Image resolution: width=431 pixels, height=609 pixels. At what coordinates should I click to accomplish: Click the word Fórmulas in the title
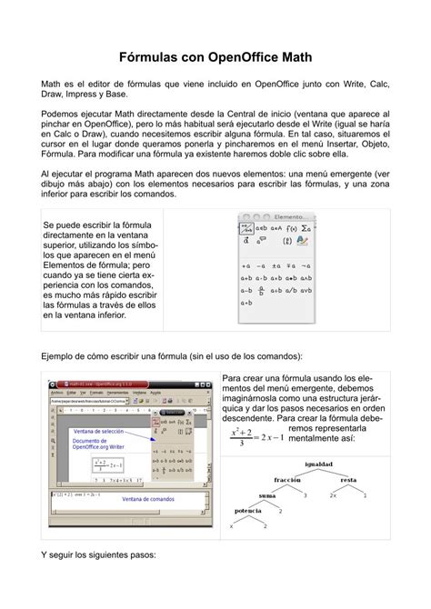pos(151,57)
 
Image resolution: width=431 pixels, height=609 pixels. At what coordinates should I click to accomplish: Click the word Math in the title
pos(293,57)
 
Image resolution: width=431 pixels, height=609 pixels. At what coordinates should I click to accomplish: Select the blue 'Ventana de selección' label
pos(99,431)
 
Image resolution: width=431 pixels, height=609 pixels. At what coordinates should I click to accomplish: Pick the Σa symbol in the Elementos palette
pos(308,229)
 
